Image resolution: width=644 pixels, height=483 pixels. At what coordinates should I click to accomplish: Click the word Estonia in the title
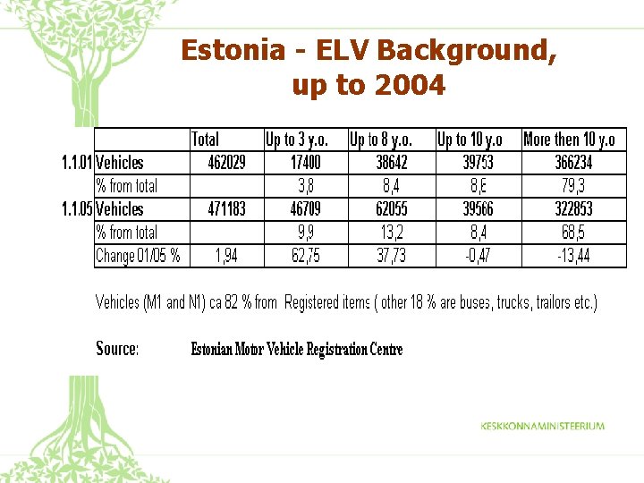coord(230,50)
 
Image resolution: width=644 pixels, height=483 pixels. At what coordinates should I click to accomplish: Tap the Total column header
coord(205,140)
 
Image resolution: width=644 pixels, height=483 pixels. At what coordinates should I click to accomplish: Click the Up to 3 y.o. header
coord(296,140)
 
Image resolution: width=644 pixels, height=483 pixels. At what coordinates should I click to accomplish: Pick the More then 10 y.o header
coord(569,140)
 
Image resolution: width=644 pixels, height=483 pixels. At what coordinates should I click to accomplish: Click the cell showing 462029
coord(226,163)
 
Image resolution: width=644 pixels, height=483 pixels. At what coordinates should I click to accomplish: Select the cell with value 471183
coord(226,209)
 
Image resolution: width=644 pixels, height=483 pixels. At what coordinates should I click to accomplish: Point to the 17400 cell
coord(305,163)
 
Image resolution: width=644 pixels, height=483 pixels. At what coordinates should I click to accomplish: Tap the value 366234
coord(573,163)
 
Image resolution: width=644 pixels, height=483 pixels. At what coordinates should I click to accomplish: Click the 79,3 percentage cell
coord(574,186)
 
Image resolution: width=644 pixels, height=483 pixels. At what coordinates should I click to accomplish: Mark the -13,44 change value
coord(573,256)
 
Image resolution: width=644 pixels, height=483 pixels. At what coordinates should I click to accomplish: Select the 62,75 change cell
coord(305,256)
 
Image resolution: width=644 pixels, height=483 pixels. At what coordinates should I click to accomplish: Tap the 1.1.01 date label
coord(76,163)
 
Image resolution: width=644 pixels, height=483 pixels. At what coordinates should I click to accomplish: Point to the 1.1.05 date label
coord(76,209)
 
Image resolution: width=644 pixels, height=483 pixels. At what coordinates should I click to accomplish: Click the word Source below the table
coord(117,349)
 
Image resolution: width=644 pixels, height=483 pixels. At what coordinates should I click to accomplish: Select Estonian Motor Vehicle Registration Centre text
coord(297,350)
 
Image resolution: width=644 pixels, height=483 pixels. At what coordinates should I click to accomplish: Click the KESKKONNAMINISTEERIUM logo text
coord(542,427)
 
